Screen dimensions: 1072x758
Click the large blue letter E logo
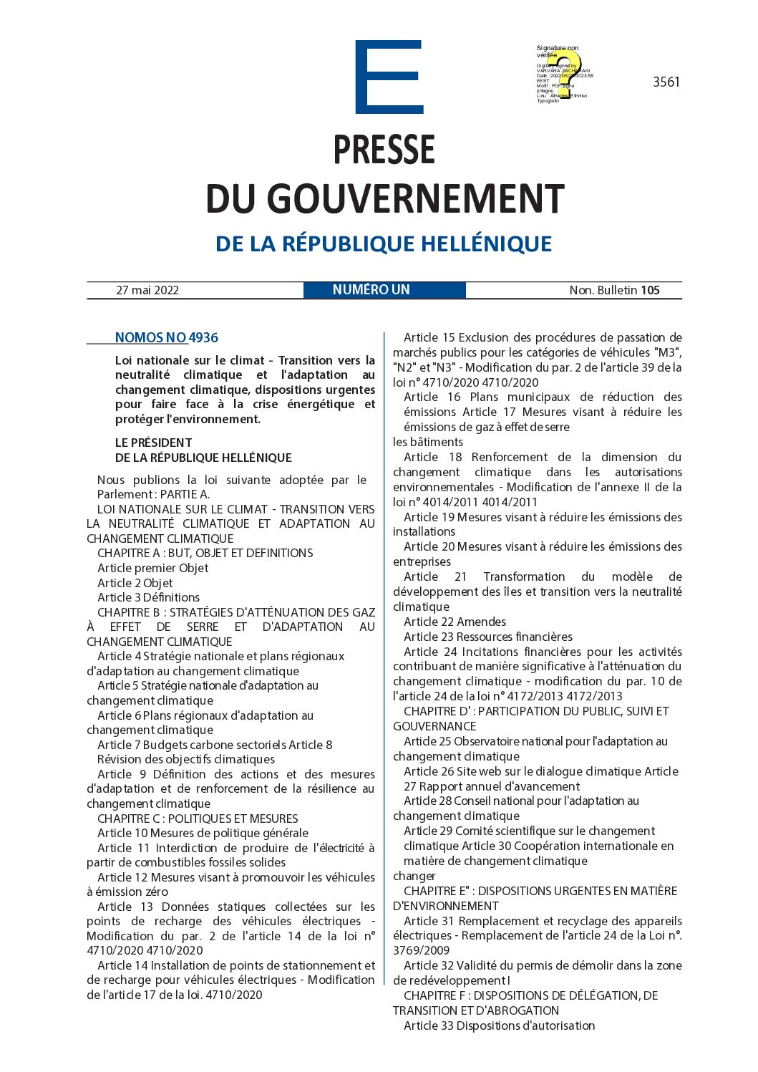(x=389, y=77)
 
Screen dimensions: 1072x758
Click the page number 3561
(x=666, y=82)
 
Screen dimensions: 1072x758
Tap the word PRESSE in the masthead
(x=384, y=150)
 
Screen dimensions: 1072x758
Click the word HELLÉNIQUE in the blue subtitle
(x=486, y=244)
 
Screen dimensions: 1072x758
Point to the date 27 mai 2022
(x=147, y=290)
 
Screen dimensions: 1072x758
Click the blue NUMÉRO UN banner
(x=371, y=290)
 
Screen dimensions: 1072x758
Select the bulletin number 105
(x=650, y=290)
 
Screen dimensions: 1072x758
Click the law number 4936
(x=203, y=338)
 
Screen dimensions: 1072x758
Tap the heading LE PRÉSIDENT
(x=153, y=443)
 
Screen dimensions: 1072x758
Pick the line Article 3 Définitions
(x=148, y=597)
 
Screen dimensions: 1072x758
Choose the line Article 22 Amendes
(x=455, y=622)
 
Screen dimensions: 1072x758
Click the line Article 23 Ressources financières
(x=487, y=637)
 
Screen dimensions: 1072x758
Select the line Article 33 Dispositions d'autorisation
(x=499, y=1025)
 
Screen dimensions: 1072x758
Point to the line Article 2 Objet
(x=135, y=583)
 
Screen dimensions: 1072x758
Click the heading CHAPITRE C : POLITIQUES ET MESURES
(x=198, y=819)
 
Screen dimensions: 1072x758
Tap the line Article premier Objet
(x=152, y=568)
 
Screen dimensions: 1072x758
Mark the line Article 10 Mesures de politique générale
(x=203, y=833)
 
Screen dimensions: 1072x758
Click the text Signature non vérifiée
(x=557, y=52)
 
